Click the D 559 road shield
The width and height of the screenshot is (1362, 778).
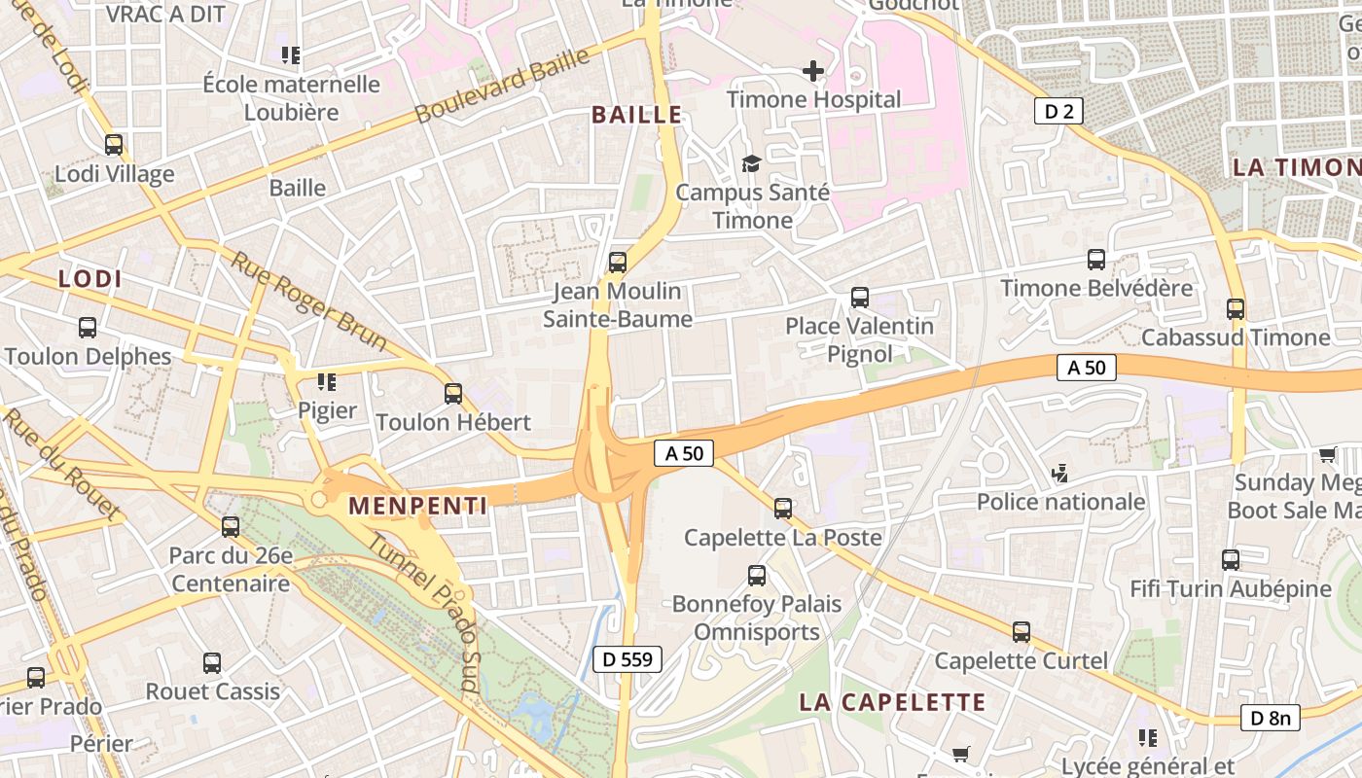(627, 659)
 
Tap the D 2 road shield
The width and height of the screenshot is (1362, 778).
(1058, 111)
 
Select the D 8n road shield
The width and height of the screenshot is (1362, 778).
(1271, 718)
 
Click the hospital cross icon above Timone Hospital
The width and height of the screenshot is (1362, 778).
(813, 71)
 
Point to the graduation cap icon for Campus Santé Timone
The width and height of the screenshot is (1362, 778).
(751, 163)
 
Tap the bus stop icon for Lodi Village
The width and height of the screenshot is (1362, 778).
(114, 146)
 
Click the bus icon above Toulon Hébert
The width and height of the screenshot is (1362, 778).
(453, 394)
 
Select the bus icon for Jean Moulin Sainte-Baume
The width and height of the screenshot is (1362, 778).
(618, 263)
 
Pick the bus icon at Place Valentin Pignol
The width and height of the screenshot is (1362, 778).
(860, 298)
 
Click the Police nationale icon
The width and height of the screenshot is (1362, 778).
(1060, 474)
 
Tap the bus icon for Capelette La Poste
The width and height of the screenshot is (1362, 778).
(783, 509)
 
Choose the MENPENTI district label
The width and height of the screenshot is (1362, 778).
(417, 506)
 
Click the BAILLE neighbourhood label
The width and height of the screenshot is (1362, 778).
(637, 115)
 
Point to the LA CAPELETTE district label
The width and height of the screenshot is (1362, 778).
(892, 702)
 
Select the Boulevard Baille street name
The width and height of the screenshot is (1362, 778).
(502, 86)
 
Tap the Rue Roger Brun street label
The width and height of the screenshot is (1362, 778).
(308, 301)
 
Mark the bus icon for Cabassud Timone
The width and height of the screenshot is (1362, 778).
(1236, 309)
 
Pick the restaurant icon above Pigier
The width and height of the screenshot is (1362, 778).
(327, 382)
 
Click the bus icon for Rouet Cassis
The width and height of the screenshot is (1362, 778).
(212, 664)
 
